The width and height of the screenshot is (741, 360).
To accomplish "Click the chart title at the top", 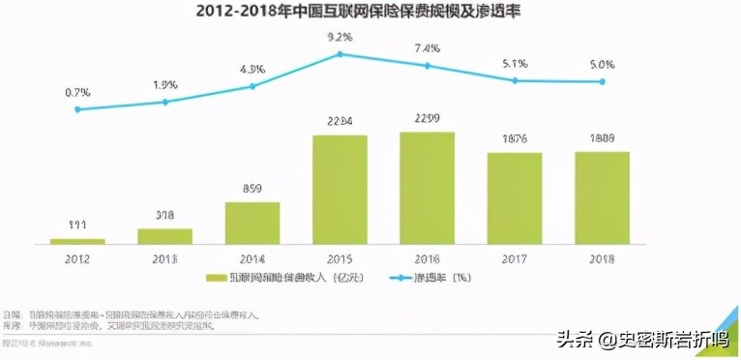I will click(x=370, y=13).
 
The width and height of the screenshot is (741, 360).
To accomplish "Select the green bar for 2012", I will click(x=77, y=240).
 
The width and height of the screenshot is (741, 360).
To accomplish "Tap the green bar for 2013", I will click(x=164, y=235).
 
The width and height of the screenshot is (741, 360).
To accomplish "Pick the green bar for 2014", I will click(x=252, y=222).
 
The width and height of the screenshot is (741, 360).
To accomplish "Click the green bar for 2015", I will click(x=340, y=189).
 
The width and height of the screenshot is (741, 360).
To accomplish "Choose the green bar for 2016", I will click(x=427, y=187).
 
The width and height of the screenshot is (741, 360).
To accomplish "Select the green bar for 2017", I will click(x=514, y=197).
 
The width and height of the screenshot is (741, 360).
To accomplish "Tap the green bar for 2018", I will click(x=602, y=196).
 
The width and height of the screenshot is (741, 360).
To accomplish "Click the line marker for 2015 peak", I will click(x=340, y=54).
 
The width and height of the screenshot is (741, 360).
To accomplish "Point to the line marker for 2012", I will click(x=77, y=109).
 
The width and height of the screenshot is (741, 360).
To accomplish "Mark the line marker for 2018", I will click(x=602, y=81).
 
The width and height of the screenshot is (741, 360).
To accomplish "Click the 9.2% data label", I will click(x=340, y=37).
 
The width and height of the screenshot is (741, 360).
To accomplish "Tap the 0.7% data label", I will click(x=77, y=92).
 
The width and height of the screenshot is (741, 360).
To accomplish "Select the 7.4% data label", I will click(x=427, y=47).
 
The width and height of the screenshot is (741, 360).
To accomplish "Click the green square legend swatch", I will click(x=211, y=278).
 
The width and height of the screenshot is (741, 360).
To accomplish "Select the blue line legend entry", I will click(x=406, y=278).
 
